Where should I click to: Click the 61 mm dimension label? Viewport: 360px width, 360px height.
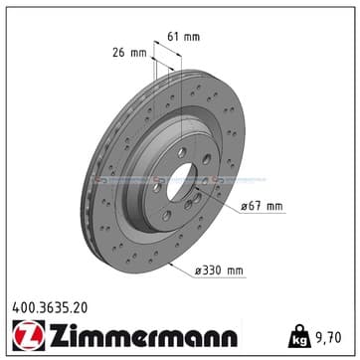183,37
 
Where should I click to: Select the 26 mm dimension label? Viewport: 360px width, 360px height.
129,53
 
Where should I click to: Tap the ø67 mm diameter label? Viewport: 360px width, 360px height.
262,207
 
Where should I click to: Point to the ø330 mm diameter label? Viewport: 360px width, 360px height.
219,270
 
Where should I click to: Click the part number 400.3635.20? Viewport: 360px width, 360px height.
50,308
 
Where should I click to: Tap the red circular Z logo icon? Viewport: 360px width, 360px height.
28,335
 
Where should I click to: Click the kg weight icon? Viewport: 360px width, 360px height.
299,336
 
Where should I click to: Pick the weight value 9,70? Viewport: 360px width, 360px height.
328,338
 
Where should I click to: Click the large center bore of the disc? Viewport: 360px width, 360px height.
182,182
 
